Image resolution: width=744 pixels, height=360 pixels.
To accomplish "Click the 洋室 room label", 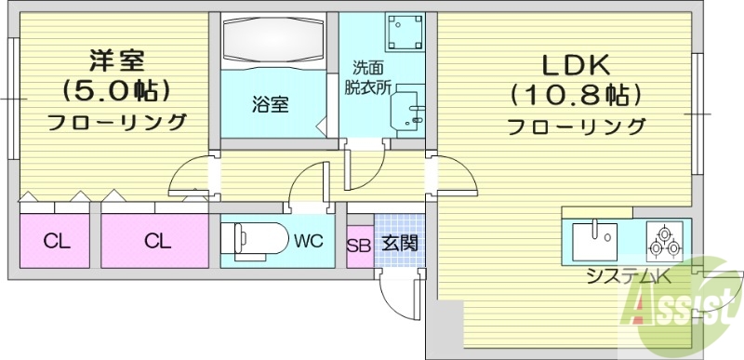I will coord(116,60).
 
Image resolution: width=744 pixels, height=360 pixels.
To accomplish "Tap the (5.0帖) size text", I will coord(116,90).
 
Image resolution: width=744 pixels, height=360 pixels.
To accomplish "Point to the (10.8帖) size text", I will coord(577,94).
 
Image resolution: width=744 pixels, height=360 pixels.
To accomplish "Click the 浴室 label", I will coord(270,104).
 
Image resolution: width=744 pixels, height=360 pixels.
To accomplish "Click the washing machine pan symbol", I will coord(404,34).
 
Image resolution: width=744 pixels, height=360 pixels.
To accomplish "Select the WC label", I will coord(308,242).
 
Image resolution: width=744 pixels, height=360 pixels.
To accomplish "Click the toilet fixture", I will coord(257,238).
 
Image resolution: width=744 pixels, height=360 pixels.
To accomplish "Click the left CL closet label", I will coord(57,243).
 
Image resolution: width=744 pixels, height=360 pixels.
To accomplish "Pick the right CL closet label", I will coord(157,243).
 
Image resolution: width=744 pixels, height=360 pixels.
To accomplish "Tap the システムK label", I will coord(628,276).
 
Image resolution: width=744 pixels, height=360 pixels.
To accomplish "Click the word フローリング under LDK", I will coord(577,126).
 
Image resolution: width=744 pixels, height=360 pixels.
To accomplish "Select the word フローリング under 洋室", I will coord(116,122).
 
